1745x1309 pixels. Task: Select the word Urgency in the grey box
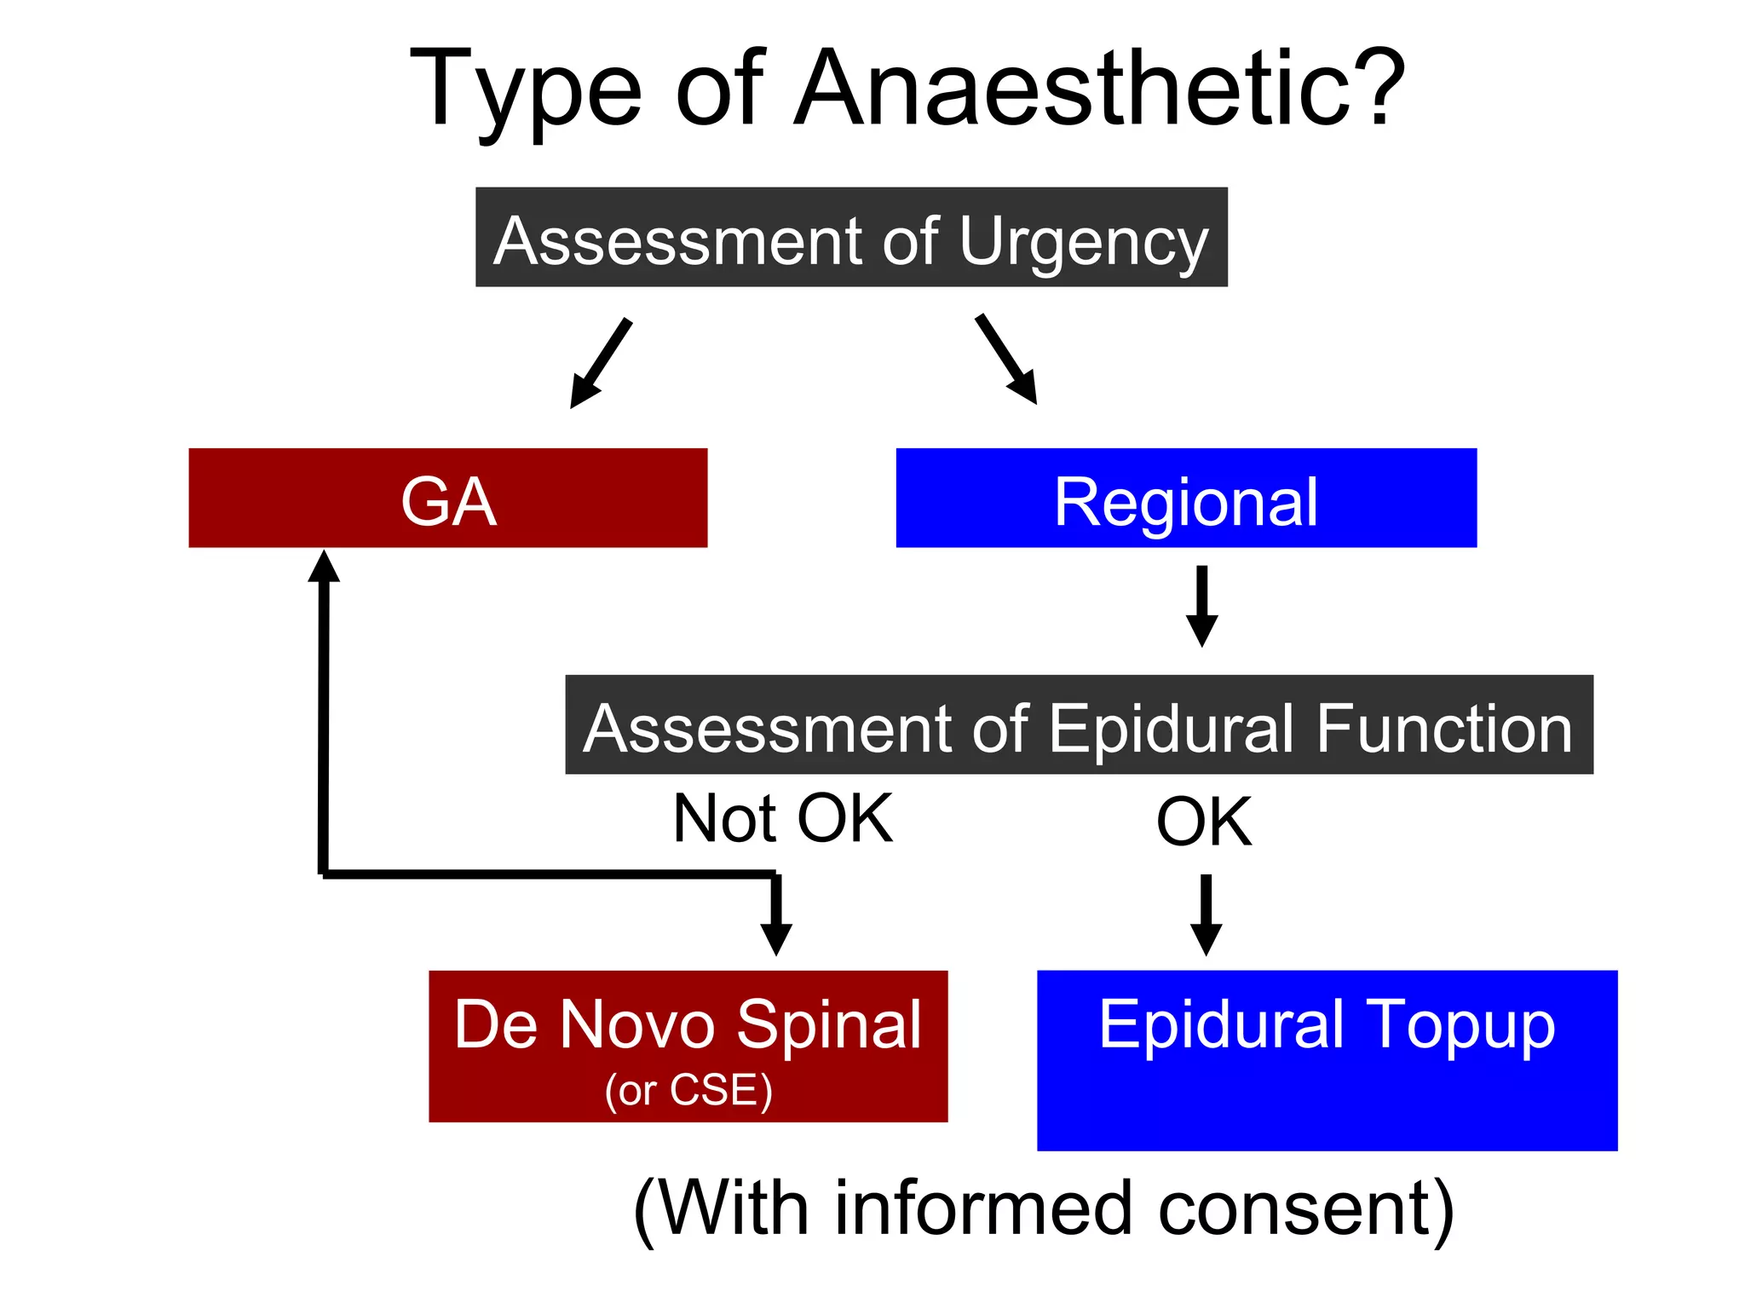point(1084,242)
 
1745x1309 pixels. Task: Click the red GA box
point(447,499)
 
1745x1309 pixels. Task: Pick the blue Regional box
point(1186,499)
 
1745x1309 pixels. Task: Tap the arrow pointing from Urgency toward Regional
point(1006,359)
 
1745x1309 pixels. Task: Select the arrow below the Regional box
point(1201,606)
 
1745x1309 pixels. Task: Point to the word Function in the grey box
point(1443,729)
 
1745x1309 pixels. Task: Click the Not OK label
point(782,819)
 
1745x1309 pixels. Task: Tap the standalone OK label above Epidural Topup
point(1204,822)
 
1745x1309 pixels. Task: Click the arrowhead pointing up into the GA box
point(324,567)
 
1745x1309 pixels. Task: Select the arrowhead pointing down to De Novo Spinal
point(776,937)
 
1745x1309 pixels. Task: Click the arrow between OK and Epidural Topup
point(1206,914)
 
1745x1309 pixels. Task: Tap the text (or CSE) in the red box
point(688,1090)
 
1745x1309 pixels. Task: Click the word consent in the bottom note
point(1304,1208)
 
